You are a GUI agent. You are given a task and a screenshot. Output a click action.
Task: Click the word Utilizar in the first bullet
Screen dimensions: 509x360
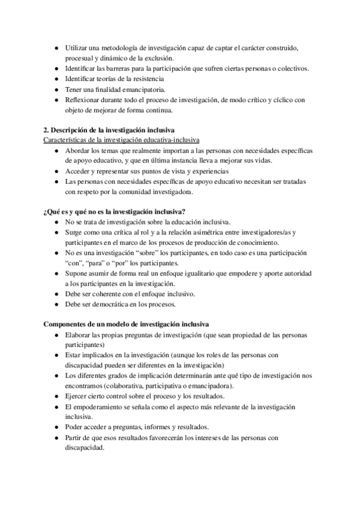(x=77, y=48)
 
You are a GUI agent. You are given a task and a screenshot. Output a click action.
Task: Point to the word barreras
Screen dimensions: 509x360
(x=120, y=68)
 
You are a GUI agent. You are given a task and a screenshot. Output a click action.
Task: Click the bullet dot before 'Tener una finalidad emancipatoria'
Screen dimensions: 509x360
(x=56, y=89)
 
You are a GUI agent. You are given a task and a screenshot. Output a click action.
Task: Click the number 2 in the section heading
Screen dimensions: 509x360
(x=46, y=131)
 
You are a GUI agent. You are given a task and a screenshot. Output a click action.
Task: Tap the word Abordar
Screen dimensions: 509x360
(x=77, y=151)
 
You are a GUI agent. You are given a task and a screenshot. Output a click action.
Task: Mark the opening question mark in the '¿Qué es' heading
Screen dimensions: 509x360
(x=46, y=212)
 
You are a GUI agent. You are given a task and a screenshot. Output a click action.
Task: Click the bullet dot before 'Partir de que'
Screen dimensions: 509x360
(x=56, y=438)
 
